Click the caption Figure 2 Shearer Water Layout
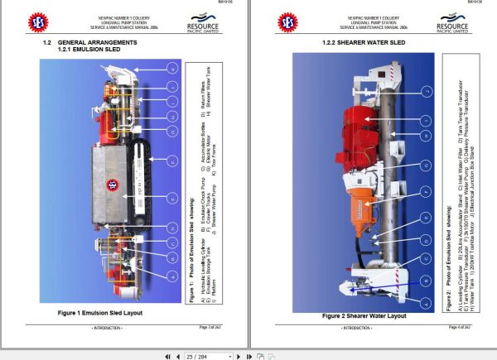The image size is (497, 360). pyautogui.click(x=363, y=315)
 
